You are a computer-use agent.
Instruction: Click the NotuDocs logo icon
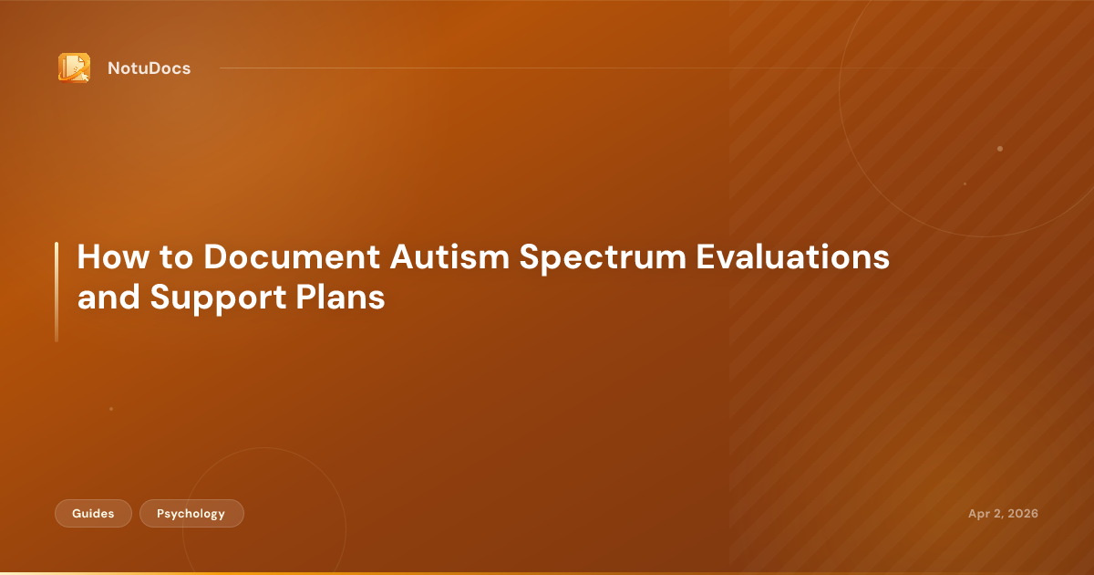click(x=74, y=68)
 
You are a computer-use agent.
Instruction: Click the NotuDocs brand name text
click(x=149, y=68)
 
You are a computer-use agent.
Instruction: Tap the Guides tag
click(x=93, y=514)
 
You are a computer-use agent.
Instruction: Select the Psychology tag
click(x=191, y=514)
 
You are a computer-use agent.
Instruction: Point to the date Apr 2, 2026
click(x=1003, y=514)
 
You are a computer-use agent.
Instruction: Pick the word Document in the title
click(x=292, y=257)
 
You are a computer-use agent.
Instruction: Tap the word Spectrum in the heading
click(x=601, y=257)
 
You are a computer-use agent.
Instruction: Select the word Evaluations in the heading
click(x=792, y=257)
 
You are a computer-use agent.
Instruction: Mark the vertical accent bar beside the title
click(x=57, y=292)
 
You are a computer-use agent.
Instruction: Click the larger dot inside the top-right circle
click(x=1000, y=149)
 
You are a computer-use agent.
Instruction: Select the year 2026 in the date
click(x=1021, y=514)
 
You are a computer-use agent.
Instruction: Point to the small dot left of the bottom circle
click(x=111, y=409)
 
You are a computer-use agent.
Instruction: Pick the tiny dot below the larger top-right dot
click(x=965, y=183)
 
